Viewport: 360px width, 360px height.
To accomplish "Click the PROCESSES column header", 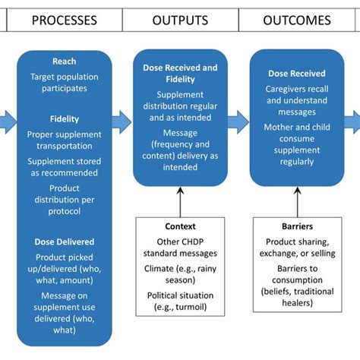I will tap(65, 20).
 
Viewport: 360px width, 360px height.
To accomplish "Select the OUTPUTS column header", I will tap(181, 20).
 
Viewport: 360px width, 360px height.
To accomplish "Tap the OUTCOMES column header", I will tap(297, 20).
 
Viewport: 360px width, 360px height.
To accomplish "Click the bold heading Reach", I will tap(65, 62).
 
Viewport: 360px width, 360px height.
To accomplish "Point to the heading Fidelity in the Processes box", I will tap(65, 120).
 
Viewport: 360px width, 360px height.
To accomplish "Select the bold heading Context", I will tap(181, 226).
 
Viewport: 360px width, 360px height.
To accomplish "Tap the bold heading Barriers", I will tap(297, 226).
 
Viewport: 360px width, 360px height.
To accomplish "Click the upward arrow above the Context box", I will tap(181, 201).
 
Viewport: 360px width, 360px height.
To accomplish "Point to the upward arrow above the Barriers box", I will tap(297, 201).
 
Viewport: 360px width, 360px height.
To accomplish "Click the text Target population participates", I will tap(65, 84).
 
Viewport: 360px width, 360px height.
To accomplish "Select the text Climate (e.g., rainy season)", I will tap(181, 274).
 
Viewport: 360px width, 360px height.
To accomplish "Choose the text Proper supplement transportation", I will tap(65, 141).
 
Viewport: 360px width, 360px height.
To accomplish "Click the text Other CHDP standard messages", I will tap(181, 247).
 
